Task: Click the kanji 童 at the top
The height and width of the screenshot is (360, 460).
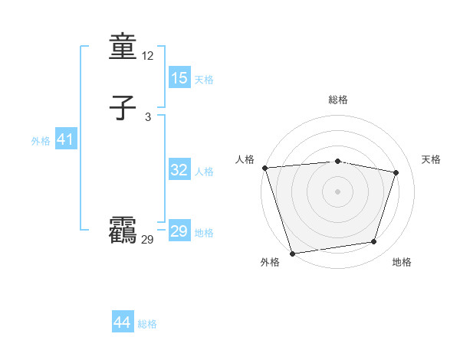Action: click(123, 48)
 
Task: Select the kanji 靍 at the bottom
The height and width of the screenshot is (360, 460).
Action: click(123, 231)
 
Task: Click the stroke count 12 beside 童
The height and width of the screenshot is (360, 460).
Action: click(148, 56)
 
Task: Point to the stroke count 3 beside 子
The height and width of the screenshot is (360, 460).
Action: click(148, 116)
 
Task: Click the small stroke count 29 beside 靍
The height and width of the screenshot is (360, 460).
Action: click(148, 239)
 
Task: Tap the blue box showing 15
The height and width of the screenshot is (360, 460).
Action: click(179, 77)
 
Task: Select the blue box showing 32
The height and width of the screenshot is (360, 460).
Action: click(179, 170)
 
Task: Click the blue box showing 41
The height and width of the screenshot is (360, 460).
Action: click(66, 139)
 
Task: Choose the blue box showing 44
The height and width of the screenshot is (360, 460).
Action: click(123, 322)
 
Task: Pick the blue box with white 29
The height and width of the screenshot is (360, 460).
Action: click(179, 231)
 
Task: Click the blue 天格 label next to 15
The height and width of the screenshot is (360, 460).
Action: click(204, 79)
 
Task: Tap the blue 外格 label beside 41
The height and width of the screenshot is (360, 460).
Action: click(41, 141)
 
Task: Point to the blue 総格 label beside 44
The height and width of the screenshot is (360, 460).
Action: click(147, 324)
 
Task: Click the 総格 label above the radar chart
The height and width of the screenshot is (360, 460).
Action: click(337, 100)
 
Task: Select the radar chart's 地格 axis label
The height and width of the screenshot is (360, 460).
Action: click(402, 262)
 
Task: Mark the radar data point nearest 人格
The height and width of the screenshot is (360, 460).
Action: click(264, 167)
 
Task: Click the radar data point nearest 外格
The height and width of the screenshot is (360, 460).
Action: click(292, 253)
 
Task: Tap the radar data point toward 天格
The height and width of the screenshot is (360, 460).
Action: click(396, 172)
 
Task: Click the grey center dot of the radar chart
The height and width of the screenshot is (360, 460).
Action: click(337, 191)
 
